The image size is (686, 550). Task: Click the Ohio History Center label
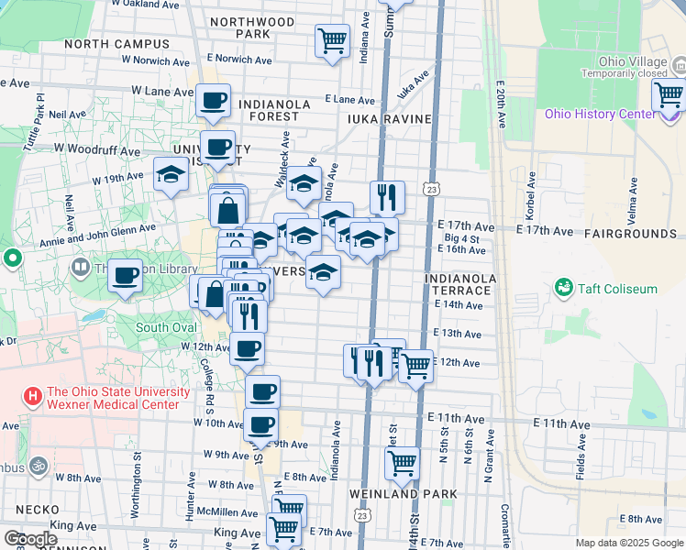click(601, 114)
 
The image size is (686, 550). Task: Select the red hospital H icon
click(33, 397)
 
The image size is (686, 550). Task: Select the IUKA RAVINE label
click(390, 118)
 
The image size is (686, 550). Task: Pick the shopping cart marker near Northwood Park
click(332, 39)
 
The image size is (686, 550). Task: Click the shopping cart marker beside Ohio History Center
click(669, 93)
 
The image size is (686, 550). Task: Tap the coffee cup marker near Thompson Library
click(125, 274)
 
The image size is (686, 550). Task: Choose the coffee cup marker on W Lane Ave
click(213, 101)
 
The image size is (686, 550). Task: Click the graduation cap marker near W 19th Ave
click(171, 176)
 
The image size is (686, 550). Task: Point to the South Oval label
click(166, 327)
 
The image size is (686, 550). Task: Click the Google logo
click(29, 539)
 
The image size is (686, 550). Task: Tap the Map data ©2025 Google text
click(628, 543)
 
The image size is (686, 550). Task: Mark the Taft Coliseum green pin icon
click(563, 289)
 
